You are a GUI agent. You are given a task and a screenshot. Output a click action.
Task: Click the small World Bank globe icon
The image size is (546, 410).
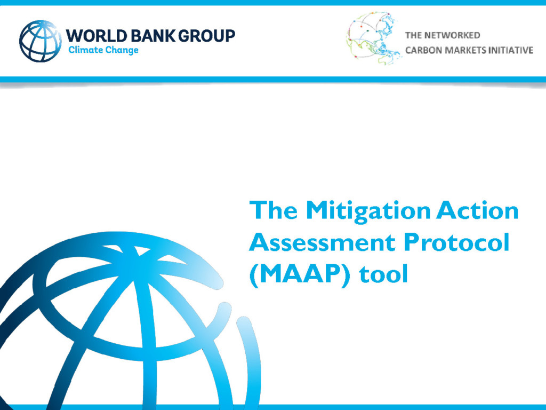pyautogui.click(x=40, y=41)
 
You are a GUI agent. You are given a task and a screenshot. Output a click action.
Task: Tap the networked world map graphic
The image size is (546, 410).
pyautogui.click(x=373, y=38)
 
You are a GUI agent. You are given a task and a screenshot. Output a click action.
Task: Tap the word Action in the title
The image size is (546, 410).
pyautogui.click(x=477, y=210)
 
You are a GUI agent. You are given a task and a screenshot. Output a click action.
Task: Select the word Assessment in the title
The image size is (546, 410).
pyautogui.click(x=322, y=242)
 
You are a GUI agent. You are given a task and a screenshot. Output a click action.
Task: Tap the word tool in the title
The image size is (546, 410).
pyautogui.click(x=383, y=274)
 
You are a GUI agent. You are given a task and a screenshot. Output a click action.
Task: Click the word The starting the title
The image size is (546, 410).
pyautogui.click(x=274, y=210)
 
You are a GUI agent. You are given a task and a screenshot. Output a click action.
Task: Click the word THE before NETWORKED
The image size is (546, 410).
pyautogui.click(x=413, y=35)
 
